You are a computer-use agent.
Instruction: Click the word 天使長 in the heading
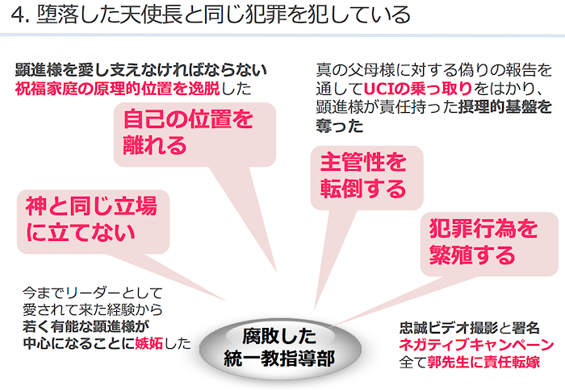pos(141,15)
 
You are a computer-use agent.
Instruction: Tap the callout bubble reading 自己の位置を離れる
pos(195,135)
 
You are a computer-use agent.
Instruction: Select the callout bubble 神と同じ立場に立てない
pos(94,222)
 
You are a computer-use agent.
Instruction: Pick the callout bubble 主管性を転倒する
pos(366,178)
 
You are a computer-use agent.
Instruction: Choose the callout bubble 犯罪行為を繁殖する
pos(489,244)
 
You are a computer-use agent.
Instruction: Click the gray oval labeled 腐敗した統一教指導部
pos(280,348)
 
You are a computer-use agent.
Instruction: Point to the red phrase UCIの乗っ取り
pos(417,88)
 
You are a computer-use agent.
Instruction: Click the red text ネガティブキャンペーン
pos(476,344)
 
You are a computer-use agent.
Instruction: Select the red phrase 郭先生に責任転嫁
pos(483,362)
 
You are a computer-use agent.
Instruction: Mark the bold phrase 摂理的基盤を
pos(505,107)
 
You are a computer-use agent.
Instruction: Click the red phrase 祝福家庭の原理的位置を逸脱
pos(118,89)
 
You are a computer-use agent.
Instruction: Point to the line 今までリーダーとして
pos(93,292)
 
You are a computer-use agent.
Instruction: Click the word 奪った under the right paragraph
pos(340,126)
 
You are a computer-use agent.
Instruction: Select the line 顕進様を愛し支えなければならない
pos(141,70)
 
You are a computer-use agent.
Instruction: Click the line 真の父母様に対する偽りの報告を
pos(434,70)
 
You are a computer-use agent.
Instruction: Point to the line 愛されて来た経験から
pos(93,309)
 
